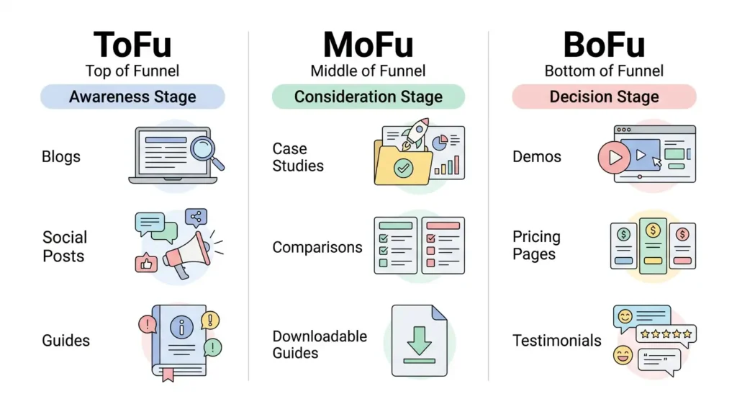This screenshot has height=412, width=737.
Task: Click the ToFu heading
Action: point(132,45)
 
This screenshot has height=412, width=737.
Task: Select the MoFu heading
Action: point(368,45)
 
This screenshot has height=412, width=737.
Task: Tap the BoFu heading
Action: point(604,45)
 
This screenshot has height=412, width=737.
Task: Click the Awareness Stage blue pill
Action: point(132,97)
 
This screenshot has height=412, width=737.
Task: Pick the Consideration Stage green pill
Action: point(368,97)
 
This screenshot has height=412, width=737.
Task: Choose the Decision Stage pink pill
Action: point(604,97)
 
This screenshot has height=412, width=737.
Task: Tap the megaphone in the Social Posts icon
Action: point(187,255)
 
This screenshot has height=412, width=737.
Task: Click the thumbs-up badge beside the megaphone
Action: point(146,263)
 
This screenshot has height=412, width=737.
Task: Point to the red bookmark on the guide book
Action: point(168,375)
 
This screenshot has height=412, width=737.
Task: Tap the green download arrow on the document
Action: point(420,341)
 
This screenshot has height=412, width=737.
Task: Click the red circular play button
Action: point(614,158)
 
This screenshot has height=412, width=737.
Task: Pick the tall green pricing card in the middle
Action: point(653,246)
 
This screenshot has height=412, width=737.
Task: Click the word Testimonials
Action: point(557,341)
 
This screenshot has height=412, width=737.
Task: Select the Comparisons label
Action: point(317,247)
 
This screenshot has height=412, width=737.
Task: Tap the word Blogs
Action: point(61,156)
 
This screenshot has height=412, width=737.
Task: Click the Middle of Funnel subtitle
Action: point(368,71)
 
